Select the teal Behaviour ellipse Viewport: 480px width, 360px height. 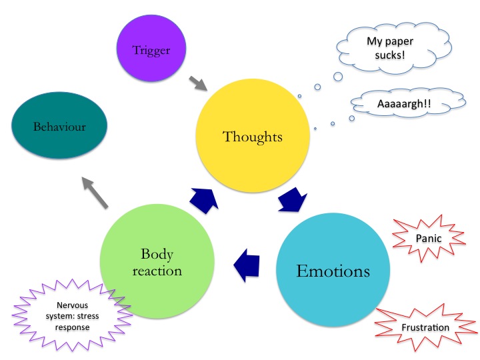point(61,127)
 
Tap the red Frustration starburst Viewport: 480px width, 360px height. point(425,327)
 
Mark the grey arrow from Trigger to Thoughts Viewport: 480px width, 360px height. point(198,84)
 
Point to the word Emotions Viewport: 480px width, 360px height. point(333,272)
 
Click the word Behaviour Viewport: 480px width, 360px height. point(61,127)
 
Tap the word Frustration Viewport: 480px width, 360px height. point(425,328)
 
